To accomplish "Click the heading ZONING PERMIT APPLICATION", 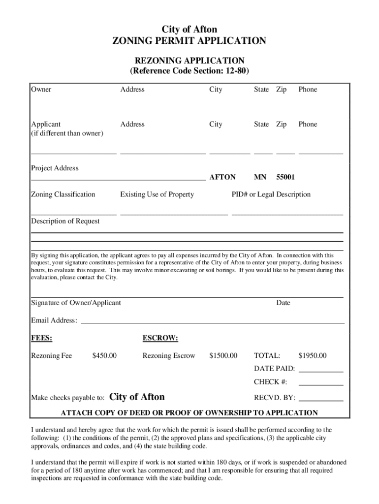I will [189, 41].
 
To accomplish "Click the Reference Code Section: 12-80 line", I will [189, 71].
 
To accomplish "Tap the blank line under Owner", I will [74, 107].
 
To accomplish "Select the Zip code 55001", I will [285, 177].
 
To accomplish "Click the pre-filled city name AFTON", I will [222, 177].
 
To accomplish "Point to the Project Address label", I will [55, 168].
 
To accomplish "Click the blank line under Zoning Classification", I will [74, 213].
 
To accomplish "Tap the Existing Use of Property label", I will [157, 194].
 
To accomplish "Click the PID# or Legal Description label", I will [271, 194].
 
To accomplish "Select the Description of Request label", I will [65, 221].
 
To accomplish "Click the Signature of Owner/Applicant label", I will [76, 303].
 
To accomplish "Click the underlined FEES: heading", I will [42, 339].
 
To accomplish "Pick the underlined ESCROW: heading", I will [160, 339].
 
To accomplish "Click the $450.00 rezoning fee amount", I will [104, 356].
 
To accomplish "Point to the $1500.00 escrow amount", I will [223, 356].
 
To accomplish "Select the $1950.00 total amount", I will [312, 356].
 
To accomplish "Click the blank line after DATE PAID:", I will [321, 370].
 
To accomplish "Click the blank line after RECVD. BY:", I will [321, 399].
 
